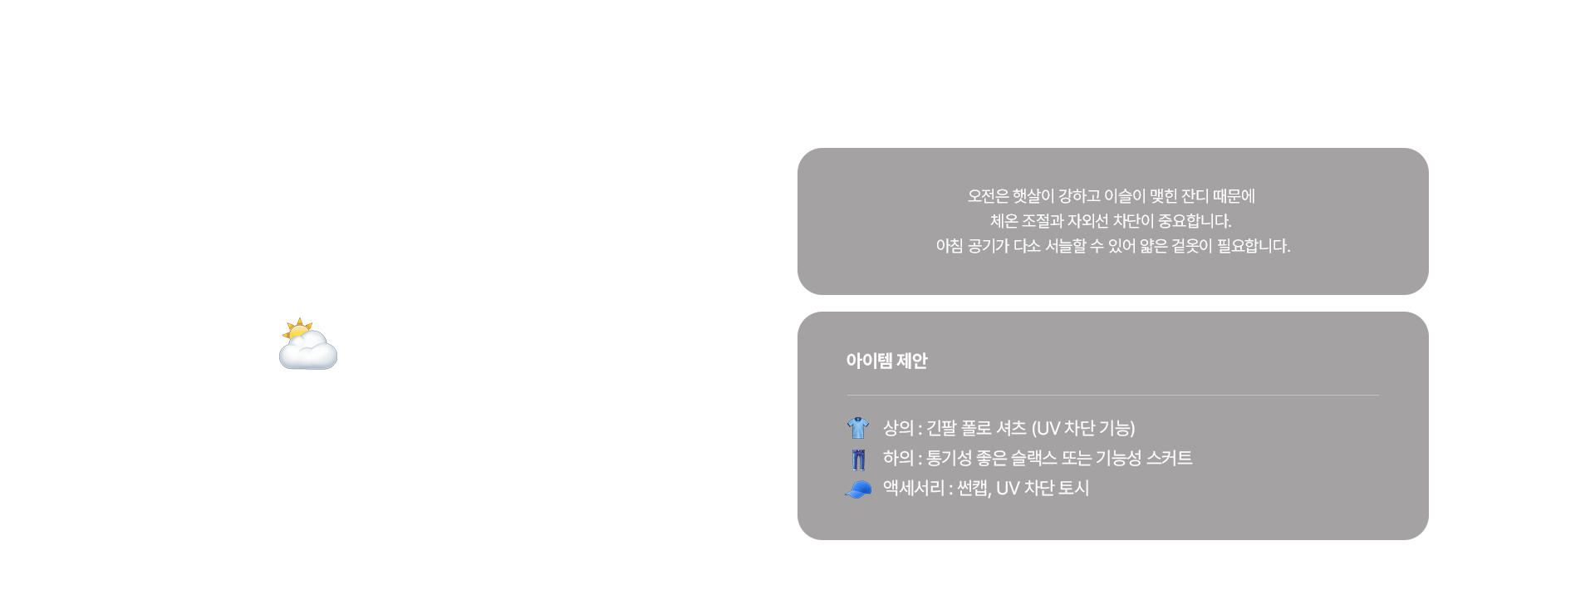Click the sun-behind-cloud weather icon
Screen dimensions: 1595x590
[x=308, y=343]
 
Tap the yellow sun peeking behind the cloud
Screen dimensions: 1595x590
[x=297, y=329]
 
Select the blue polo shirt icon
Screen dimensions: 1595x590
[x=858, y=428]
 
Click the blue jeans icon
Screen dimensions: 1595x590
[x=858, y=459]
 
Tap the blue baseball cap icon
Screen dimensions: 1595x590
[x=858, y=489]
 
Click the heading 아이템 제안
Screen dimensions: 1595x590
[x=886, y=361]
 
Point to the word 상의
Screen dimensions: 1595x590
[x=898, y=428]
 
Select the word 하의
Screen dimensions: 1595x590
[x=898, y=458]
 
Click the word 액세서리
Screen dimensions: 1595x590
[x=914, y=488]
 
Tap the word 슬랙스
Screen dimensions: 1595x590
[x=1033, y=458]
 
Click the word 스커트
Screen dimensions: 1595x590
[x=1169, y=458]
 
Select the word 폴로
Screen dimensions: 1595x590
[x=976, y=428]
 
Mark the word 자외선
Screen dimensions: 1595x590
[x=1087, y=221]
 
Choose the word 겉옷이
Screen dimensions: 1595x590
[x=1192, y=246]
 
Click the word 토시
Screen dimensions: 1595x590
[x=1073, y=488]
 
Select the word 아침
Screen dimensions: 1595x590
[x=950, y=246]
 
